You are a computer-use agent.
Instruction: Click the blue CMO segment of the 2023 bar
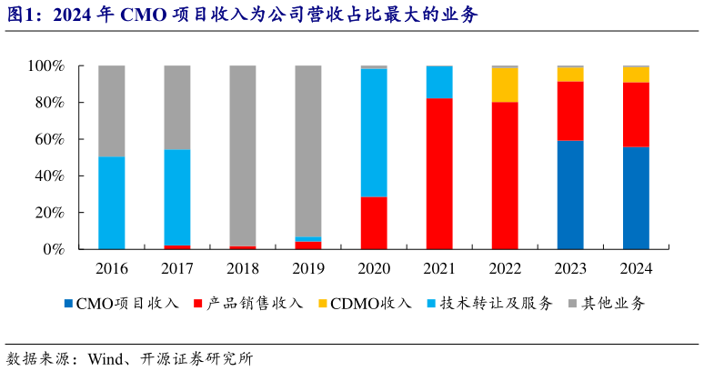[x=570, y=195]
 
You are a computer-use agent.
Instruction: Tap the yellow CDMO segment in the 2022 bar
[x=505, y=85]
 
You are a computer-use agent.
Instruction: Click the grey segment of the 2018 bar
[x=243, y=155]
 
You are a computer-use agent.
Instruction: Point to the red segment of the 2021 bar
[x=439, y=173]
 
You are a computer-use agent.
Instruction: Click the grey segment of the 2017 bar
[x=177, y=107]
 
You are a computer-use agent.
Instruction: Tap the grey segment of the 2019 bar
[x=308, y=151]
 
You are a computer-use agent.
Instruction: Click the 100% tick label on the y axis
[x=45, y=66]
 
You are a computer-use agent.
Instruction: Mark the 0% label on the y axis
[x=53, y=249]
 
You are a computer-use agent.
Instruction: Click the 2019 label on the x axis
[x=308, y=269]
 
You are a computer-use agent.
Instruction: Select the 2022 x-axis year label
[x=505, y=269]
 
